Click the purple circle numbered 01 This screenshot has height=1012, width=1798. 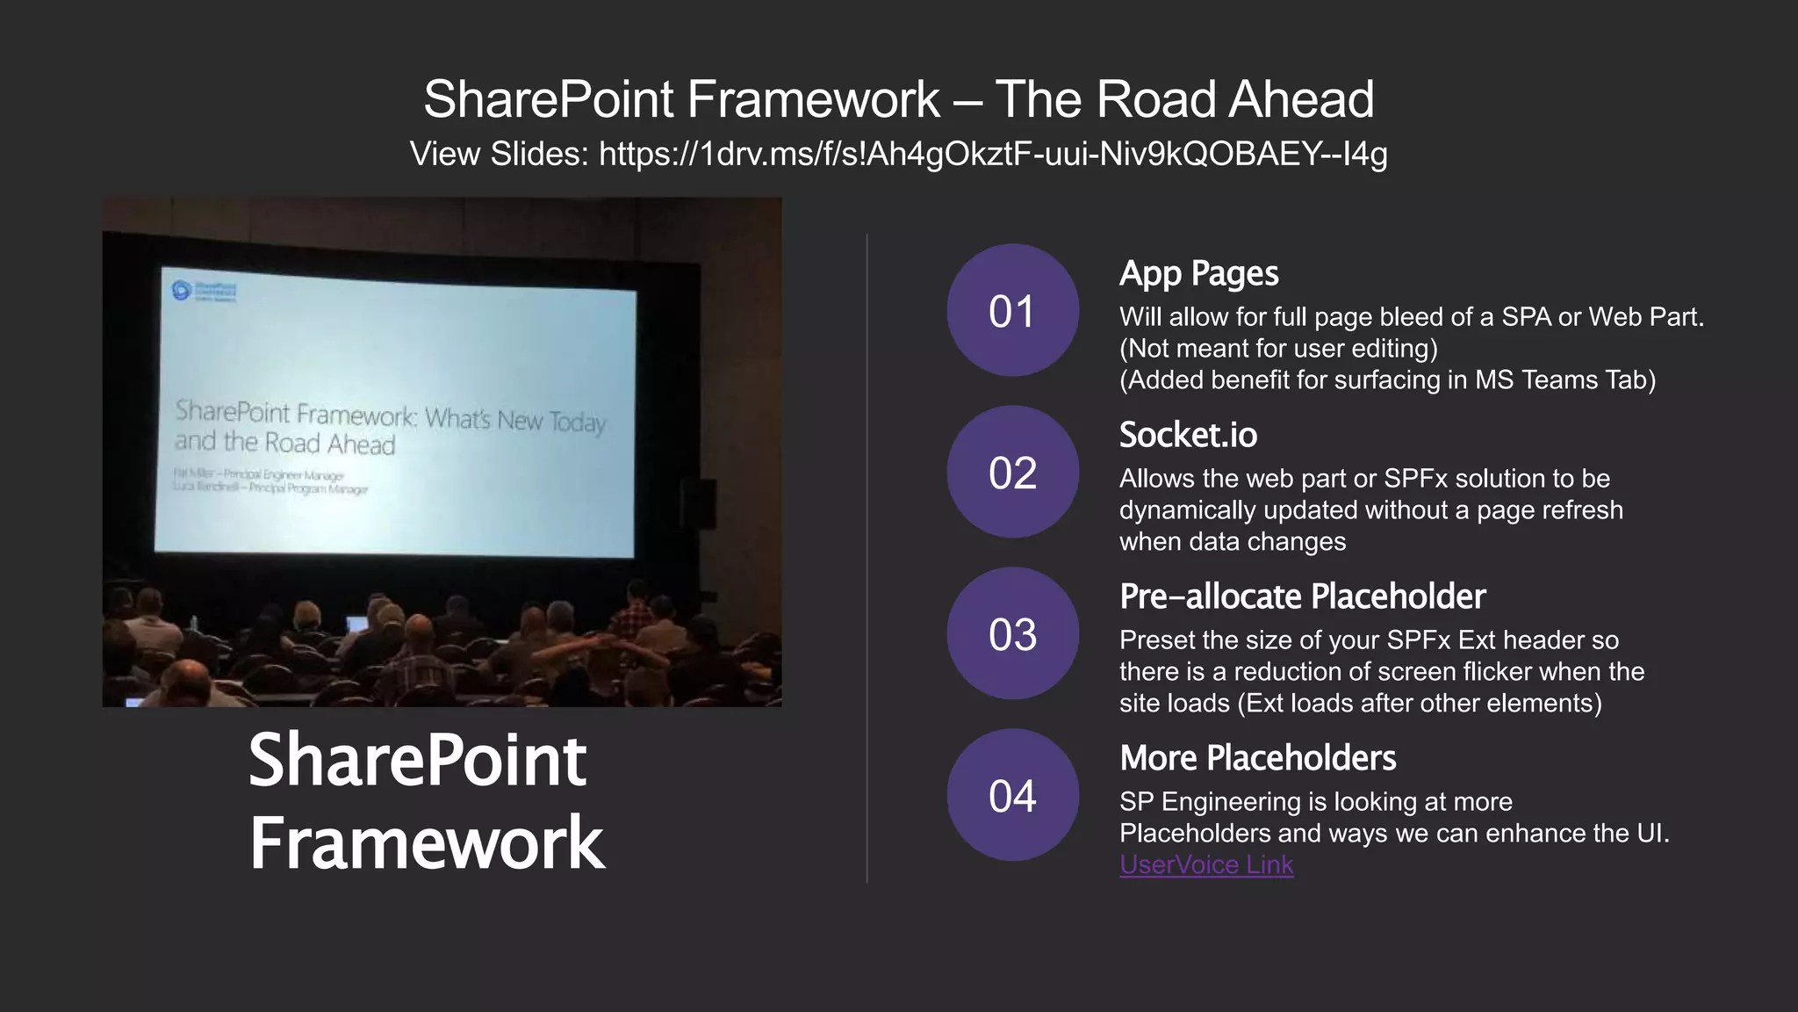[1012, 310]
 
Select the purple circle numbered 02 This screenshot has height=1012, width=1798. [1012, 472]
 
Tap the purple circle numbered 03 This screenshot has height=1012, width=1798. [1012, 633]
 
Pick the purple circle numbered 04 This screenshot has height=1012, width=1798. [1012, 795]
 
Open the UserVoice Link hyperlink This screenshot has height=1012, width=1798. [1206, 865]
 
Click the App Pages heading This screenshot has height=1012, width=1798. [1198, 273]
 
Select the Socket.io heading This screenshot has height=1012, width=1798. [1188, 435]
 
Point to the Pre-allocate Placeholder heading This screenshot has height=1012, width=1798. [1302, 596]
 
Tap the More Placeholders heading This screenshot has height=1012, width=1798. [1257, 758]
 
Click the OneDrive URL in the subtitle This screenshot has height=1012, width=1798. [993, 154]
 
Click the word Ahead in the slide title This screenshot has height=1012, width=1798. [1301, 98]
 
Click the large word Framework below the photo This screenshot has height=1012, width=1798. [427, 842]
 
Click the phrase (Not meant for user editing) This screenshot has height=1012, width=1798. [1278, 349]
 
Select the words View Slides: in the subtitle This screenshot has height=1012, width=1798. [499, 154]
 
